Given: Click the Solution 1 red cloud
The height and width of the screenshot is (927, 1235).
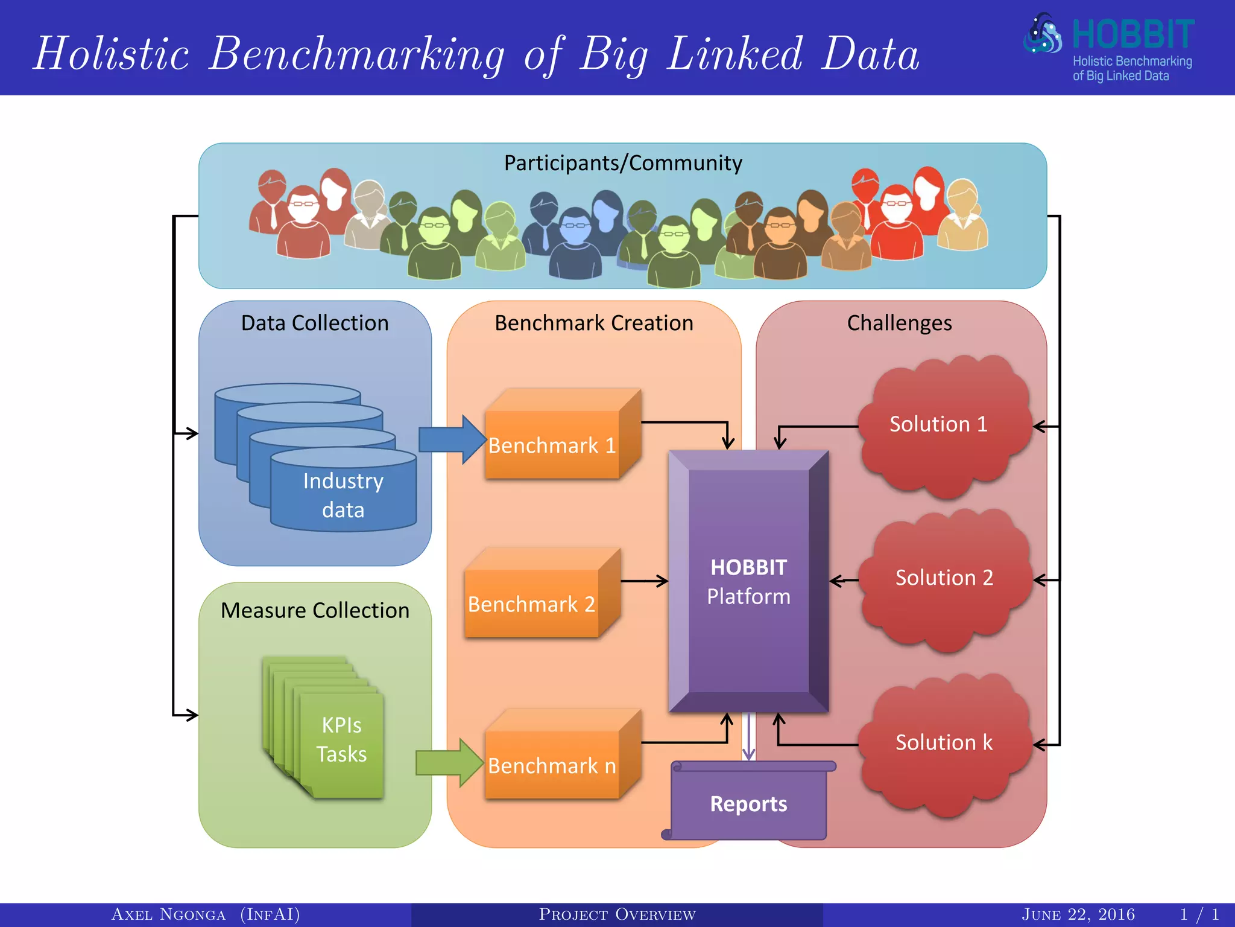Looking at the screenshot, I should click(x=938, y=424).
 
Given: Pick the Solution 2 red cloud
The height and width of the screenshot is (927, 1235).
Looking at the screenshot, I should click(x=943, y=578).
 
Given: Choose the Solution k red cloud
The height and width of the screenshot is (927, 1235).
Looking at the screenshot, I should click(x=943, y=743).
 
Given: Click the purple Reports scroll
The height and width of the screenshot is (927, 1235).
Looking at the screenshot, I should click(x=748, y=803).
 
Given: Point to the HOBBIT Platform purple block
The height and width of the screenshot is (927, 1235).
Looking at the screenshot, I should click(x=748, y=581).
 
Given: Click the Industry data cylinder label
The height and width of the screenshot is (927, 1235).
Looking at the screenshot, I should click(x=343, y=495).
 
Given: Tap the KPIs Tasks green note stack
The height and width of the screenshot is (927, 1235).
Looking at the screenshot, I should click(x=341, y=739).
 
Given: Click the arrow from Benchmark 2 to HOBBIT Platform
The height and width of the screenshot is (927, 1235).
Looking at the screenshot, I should click(x=643, y=581).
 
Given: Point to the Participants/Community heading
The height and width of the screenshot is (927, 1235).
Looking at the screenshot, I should click(x=623, y=163).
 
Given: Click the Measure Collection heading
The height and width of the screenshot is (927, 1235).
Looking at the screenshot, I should click(x=315, y=610).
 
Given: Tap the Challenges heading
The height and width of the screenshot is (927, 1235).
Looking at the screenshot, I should click(x=899, y=323).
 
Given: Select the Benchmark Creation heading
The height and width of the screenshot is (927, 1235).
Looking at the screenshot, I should click(x=594, y=323).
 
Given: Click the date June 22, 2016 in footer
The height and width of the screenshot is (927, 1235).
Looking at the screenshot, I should click(x=1078, y=914).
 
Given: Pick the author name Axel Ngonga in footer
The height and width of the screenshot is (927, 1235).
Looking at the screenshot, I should click(x=169, y=914).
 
